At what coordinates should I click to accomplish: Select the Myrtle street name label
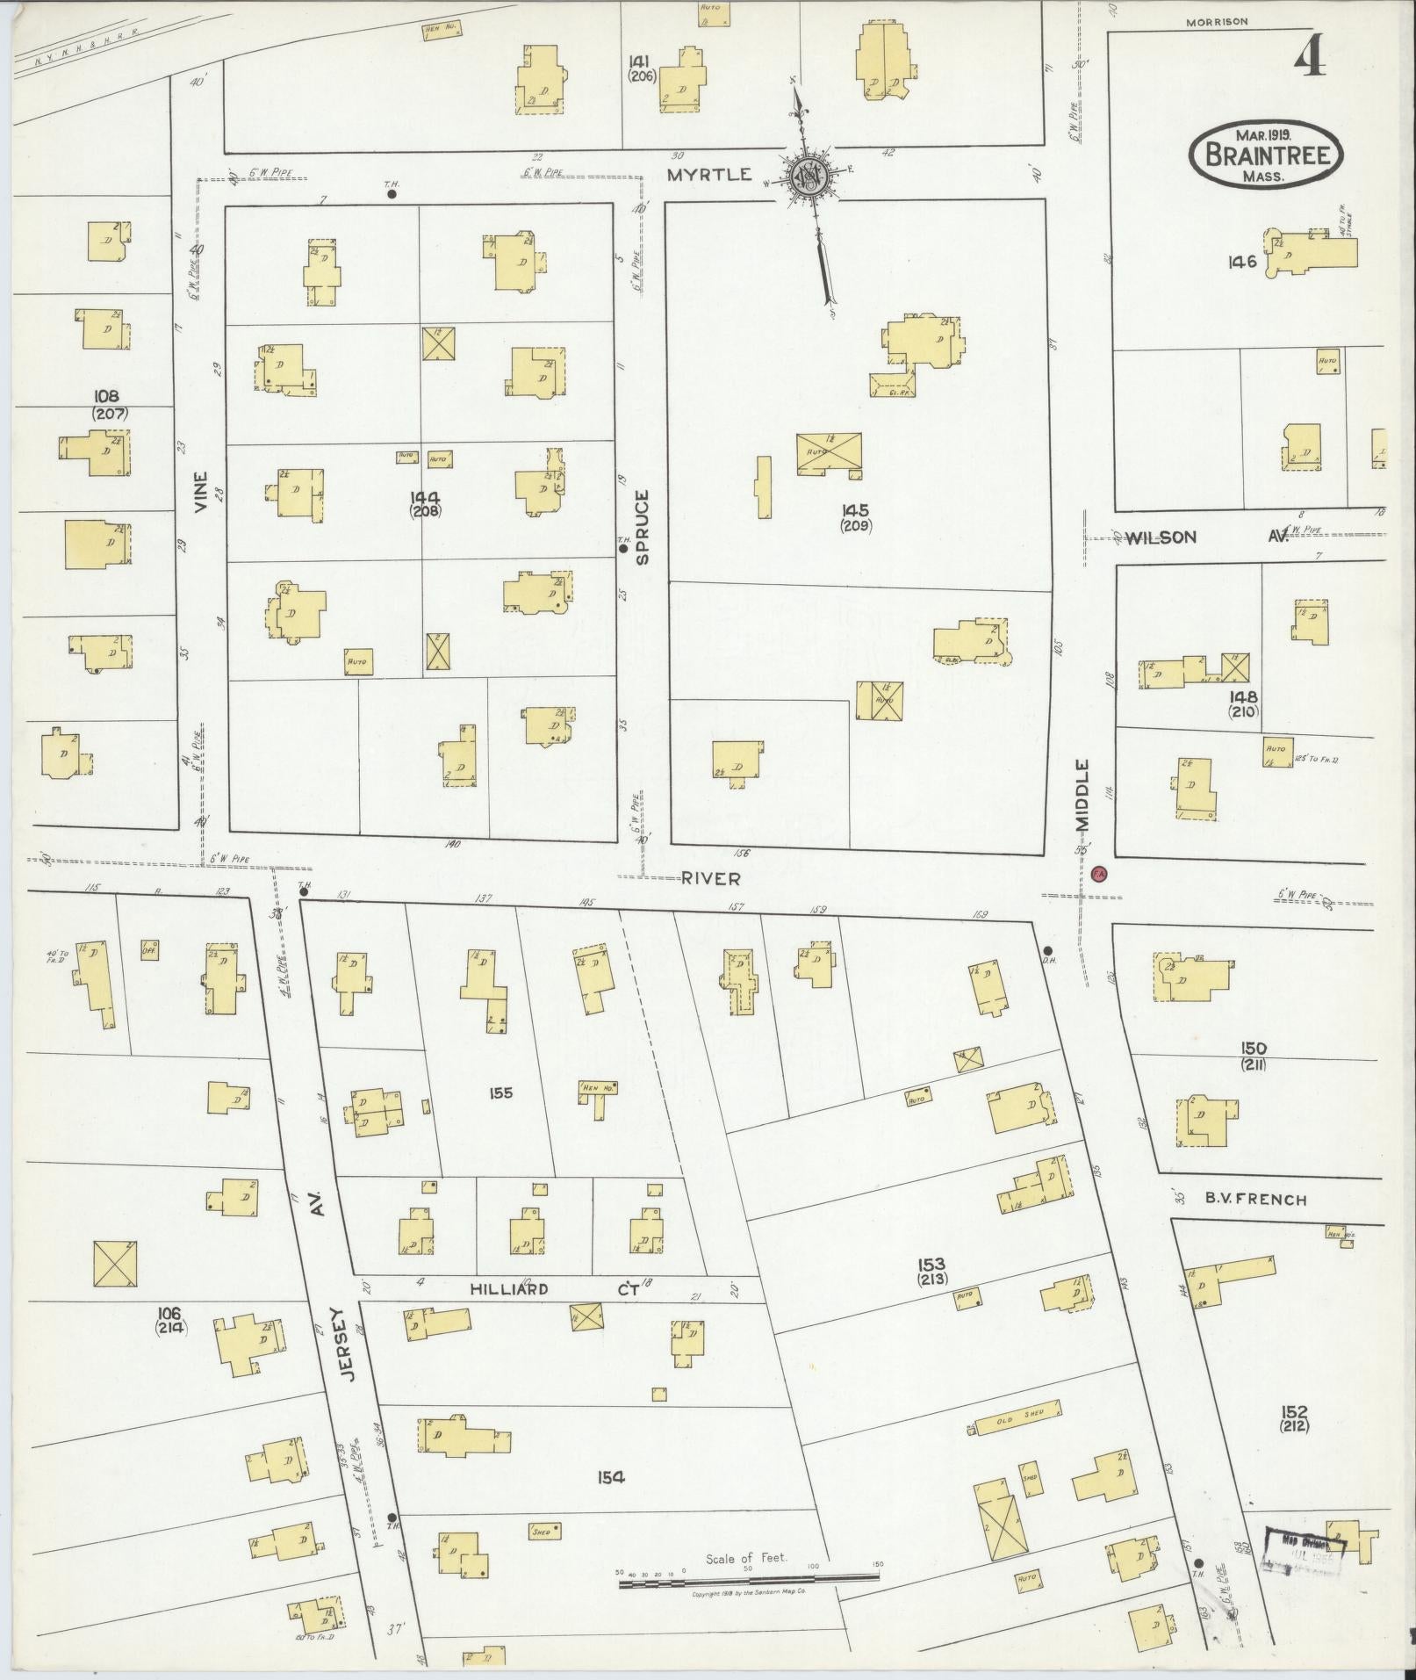point(709,175)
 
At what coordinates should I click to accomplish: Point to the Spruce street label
point(642,527)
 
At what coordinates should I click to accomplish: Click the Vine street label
point(202,494)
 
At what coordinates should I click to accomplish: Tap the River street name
point(711,878)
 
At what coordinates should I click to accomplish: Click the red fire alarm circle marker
point(1098,874)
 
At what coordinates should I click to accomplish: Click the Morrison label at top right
point(1216,23)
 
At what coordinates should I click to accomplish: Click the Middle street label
point(1082,795)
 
